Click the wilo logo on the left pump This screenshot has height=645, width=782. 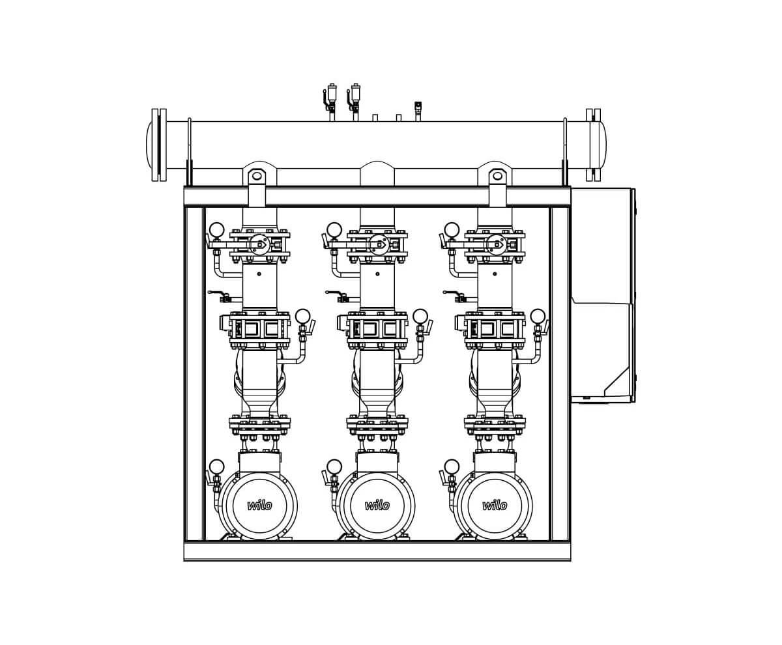click(x=259, y=506)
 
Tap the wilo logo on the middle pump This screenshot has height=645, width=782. click(x=377, y=506)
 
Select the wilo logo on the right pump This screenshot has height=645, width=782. click(x=495, y=506)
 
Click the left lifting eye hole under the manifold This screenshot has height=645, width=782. click(x=257, y=175)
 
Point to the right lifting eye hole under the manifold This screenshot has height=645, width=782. click(x=497, y=175)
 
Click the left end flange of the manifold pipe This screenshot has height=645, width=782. click(x=159, y=145)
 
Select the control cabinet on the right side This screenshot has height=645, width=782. click(x=603, y=296)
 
